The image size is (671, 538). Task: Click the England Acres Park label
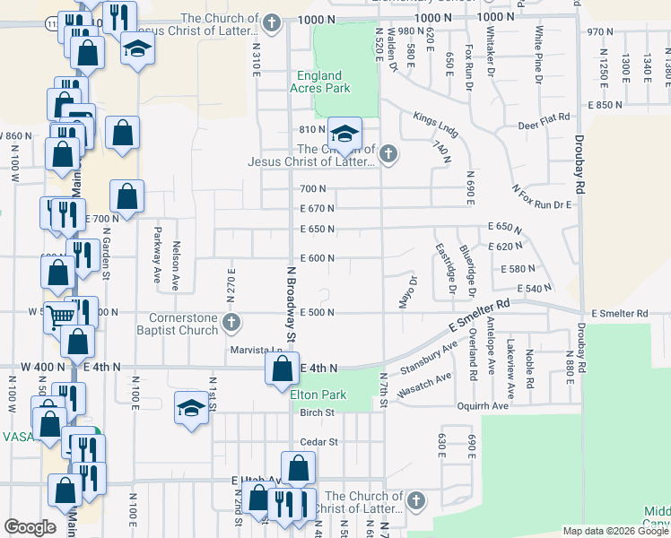pos(320,82)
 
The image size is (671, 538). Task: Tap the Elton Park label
pos(318,394)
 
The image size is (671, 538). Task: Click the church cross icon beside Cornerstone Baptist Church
pos(231,322)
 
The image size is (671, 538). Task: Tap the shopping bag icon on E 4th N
pos(283,368)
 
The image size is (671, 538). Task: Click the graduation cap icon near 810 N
pos(344,134)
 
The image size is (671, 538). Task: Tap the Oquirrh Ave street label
pos(484,405)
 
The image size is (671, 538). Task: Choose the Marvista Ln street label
pos(256,350)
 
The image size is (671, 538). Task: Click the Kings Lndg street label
pos(435,124)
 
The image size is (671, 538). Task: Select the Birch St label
pos(317,413)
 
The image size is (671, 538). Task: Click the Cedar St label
pos(318,442)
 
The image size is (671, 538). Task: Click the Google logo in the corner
pos(30,527)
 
